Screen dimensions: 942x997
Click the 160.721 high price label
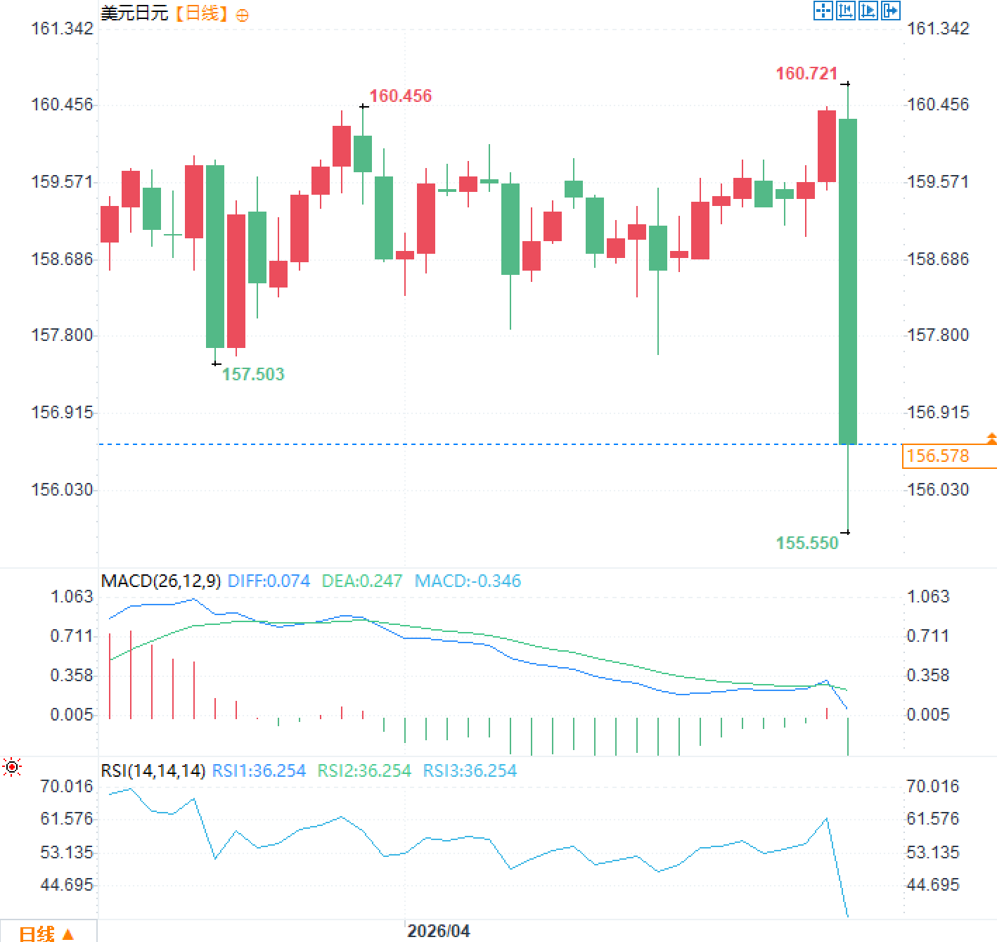pos(806,74)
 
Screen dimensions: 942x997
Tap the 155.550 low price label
pos(807,543)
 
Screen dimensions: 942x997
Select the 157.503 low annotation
pos(253,374)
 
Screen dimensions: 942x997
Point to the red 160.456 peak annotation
pos(401,96)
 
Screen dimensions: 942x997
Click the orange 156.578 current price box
pos(948,456)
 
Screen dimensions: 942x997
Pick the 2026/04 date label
pos(438,931)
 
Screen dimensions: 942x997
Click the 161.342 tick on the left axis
pos(62,28)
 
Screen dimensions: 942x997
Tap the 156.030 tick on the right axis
pos(938,489)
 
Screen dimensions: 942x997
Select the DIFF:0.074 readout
pos(269,581)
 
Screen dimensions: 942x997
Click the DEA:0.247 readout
pos(362,581)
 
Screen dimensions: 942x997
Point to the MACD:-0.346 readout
pos(468,581)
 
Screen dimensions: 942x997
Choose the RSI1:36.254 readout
pos(259,770)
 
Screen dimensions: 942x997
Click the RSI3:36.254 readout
pos(470,770)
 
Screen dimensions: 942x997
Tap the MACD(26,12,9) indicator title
pos(161,581)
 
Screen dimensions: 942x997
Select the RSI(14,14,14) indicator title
pos(153,770)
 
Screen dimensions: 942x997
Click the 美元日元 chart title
pos(134,13)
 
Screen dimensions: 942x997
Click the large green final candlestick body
pos(848,281)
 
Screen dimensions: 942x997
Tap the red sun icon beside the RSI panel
pos(12,766)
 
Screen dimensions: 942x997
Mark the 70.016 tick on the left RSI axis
pos(67,786)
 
